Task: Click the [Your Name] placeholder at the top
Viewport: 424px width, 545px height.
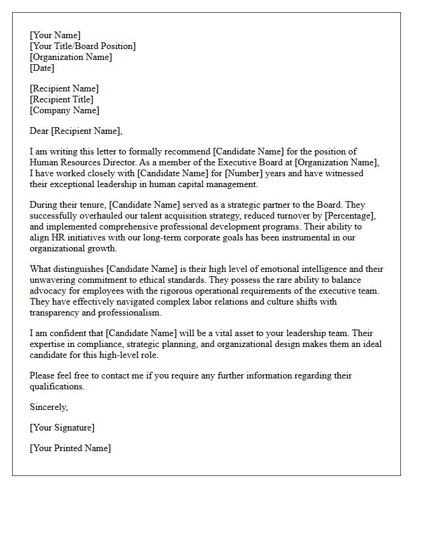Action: [x=55, y=35]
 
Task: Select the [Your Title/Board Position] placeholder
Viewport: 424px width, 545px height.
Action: [x=82, y=46]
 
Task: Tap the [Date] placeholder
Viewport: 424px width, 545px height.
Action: [x=42, y=68]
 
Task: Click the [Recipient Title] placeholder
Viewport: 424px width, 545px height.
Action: [x=62, y=99]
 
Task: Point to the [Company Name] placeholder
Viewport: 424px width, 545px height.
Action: [x=65, y=110]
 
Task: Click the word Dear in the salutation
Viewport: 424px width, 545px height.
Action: [x=39, y=131]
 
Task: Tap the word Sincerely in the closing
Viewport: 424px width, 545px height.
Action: [x=48, y=407]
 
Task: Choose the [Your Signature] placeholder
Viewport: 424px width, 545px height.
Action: [x=62, y=428]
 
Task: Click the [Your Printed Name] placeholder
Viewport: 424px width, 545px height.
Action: [x=70, y=448]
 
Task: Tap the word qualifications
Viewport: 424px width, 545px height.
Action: [x=57, y=386]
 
